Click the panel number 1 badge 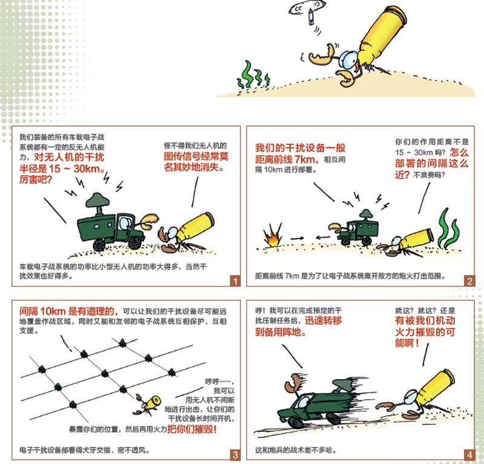point(235,281)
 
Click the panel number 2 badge point(469,281)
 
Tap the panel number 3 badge point(235,455)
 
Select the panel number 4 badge point(469,455)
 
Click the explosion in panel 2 point(273,236)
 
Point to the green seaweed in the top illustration point(253,74)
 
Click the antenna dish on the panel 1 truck point(97,200)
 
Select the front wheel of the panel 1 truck point(135,242)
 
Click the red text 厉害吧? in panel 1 point(36,179)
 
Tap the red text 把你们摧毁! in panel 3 point(192,429)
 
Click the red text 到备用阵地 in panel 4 point(281,333)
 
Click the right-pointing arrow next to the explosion point(297,238)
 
